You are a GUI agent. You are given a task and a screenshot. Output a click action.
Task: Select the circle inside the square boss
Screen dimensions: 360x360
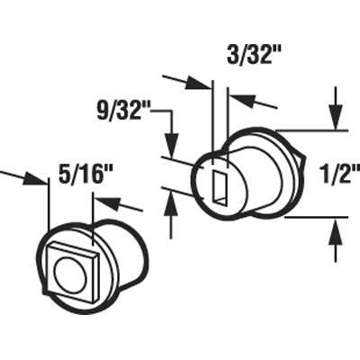pyautogui.click(x=70, y=272)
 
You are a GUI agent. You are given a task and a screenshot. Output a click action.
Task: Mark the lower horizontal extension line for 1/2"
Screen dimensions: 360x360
pyautogui.click(x=310, y=217)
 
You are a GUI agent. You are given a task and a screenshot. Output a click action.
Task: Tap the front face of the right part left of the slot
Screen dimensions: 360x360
pyautogui.click(x=203, y=184)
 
